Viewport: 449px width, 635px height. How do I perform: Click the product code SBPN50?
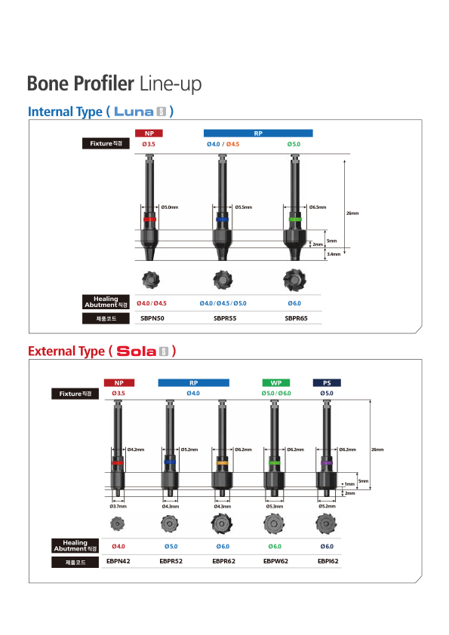[x=152, y=318]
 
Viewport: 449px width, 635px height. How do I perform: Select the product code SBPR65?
[x=297, y=318]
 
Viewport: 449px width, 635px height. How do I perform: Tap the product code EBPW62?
[x=275, y=561]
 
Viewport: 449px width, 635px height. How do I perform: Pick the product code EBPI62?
[x=328, y=561]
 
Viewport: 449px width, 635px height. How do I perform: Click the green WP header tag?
[x=276, y=382]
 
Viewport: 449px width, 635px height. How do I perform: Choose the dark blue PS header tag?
[x=327, y=382]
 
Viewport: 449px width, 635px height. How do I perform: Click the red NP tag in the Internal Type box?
[x=149, y=133]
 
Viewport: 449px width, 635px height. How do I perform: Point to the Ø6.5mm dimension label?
[x=318, y=207]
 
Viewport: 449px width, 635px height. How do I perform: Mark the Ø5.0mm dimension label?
[x=170, y=207]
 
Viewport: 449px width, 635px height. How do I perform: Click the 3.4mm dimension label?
[x=334, y=254]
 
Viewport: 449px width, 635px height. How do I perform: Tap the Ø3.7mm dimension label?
[x=118, y=506]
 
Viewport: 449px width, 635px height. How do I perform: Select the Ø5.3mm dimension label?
[x=275, y=506]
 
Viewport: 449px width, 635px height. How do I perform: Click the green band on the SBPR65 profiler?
[x=295, y=219]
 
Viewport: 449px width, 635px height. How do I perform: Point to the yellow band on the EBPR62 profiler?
[x=222, y=462]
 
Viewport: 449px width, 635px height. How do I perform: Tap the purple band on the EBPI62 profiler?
[x=326, y=462]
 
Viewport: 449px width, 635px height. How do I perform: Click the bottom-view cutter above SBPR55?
[x=222, y=280]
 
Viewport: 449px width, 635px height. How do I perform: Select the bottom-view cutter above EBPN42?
[x=118, y=523]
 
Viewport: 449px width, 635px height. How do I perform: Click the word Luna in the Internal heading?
[x=134, y=112]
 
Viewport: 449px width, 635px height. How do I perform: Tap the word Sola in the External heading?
[x=137, y=351]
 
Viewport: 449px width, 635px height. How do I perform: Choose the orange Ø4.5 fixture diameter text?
[x=232, y=144]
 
